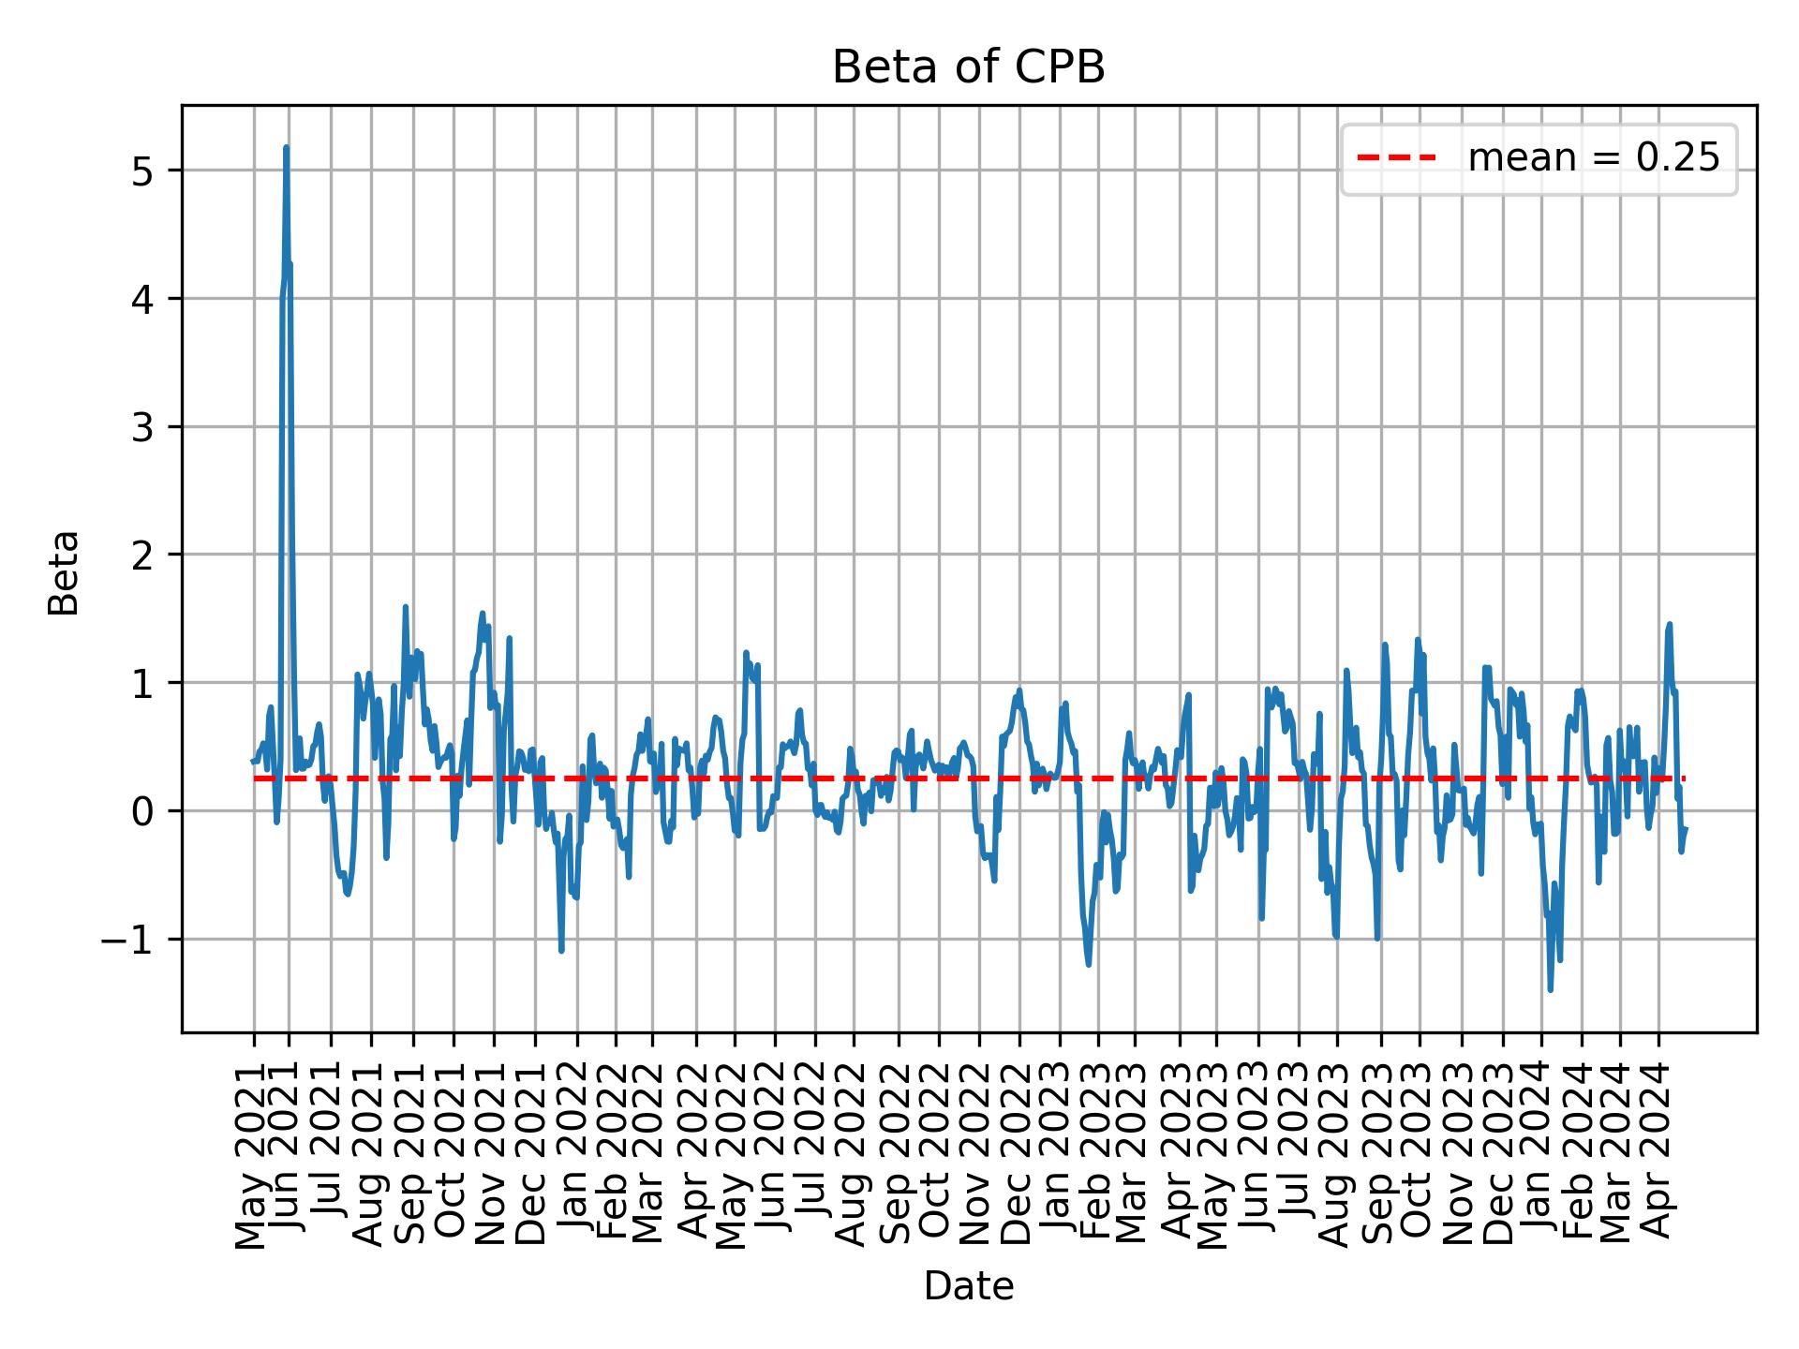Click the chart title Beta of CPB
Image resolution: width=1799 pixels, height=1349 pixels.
pos(968,67)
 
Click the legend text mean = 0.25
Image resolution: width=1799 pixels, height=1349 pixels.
pos(1593,158)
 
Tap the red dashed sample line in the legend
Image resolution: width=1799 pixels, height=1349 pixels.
pos(1397,158)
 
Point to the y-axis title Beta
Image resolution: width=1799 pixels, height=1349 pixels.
pos(64,572)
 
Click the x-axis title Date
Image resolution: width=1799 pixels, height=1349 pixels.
pos(968,1286)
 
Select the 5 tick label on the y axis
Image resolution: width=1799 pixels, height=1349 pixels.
pos(143,170)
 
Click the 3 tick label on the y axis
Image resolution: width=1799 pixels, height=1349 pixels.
pos(143,427)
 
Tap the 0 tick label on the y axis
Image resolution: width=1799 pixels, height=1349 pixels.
pos(143,811)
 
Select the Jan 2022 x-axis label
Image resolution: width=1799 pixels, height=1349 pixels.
pos(572,1154)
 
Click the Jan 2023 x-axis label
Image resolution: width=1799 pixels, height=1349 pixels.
pos(1057,1154)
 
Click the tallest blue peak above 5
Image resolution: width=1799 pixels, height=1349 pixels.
pos(286,147)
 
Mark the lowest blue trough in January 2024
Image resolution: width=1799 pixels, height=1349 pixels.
pos(1551,989)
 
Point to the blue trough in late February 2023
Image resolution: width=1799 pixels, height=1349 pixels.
pos(1089,964)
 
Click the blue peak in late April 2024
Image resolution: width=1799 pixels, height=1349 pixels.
pos(1669,624)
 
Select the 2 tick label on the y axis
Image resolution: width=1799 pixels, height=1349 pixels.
pos(143,555)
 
